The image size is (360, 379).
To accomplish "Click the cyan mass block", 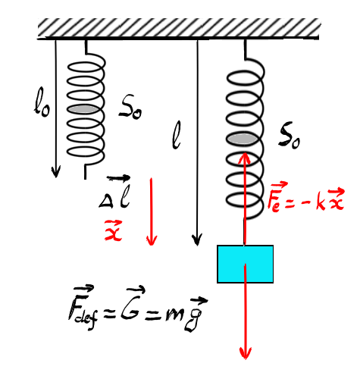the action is click(x=245, y=264).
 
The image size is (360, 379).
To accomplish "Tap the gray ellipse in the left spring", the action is click(x=83, y=109).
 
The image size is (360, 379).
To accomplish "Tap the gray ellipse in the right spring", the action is click(x=242, y=139).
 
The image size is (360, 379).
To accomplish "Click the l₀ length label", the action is click(x=42, y=102).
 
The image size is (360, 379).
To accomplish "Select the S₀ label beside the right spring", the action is click(x=290, y=138).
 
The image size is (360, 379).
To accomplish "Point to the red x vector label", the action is click(x=113, y=230).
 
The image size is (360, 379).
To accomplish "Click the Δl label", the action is click(x=115, y=192).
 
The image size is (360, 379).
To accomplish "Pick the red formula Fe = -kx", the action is click(x=306, y=198).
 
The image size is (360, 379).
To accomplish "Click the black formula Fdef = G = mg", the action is click(x=138, y=309).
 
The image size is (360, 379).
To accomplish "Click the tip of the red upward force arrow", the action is click(x=245, y=152).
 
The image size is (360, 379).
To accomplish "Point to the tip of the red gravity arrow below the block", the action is click(x=245, y=359).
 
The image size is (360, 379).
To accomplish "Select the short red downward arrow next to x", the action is click(x=152, y=211).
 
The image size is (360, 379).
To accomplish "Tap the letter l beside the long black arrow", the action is click(x=176, y=135).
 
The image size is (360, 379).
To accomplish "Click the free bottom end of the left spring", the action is click(x=85, y=179).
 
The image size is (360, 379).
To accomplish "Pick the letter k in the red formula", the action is click(x=321, y=202).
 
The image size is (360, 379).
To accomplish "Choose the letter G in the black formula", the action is click(x=130, y=305).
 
